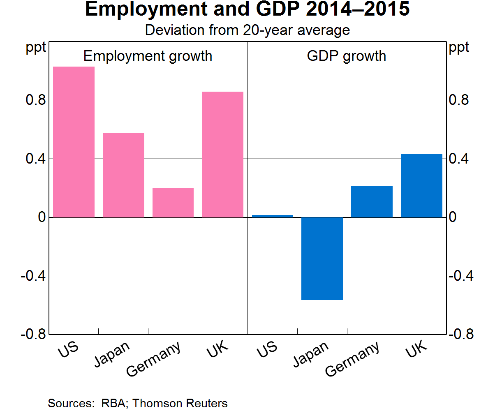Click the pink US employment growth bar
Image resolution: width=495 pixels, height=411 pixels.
pos(74,142)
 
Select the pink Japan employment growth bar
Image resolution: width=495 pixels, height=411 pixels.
pos(123,175)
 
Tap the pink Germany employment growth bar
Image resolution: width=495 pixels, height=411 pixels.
pos(173,203)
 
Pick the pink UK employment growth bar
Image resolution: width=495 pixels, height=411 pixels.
pos(223,155)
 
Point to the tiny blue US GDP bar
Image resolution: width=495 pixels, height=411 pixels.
pos(273,216)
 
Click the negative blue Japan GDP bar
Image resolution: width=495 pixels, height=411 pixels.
pos(322,259)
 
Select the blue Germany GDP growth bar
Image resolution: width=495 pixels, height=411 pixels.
pos(372,202)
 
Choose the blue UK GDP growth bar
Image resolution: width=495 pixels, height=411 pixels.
pos(421,186)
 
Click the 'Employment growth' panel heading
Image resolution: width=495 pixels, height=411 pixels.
pos(148,56)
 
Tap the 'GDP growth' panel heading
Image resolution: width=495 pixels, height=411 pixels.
pos(347,56)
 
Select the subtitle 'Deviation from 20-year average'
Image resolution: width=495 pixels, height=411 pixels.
pos(247,30)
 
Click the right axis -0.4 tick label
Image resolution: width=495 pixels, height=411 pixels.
pos(461,276)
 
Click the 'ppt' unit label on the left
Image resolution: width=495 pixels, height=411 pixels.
pos(36,48)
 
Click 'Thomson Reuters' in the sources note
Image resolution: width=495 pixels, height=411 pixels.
pos(180,403)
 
